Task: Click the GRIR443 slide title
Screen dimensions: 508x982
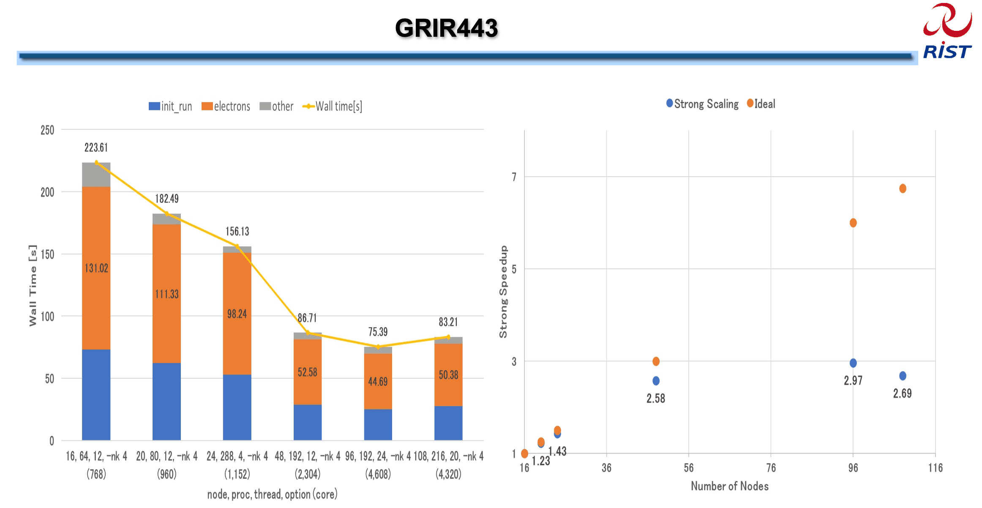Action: click(x=446, y=28)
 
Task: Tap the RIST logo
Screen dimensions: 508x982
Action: click(x=947, y=32)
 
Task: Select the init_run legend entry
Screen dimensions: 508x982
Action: click(x=170, y=106)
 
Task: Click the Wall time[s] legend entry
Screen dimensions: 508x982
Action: click(x=333, y=106)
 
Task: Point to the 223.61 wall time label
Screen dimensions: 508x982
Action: click(x=96, y=147)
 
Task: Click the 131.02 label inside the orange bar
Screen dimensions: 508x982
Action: click(x=96, y=268)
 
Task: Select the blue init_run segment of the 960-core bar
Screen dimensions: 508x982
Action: click(x=166, y=401)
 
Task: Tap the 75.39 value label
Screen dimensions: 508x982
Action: click(x=378, y=332)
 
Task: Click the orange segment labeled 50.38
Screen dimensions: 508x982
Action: click(x=448, y=375)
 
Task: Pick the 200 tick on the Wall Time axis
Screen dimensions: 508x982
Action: click(x=47, y=192)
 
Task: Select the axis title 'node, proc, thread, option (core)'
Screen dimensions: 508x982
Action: click(x=272, y=494)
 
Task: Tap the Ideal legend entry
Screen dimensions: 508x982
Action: click(x=761, y=104)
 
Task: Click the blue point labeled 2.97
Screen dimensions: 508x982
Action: click(x=853, y=363)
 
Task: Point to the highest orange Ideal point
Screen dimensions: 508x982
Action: click(x=903, y=188)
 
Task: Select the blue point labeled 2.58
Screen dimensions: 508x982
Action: click(x=656, y=381)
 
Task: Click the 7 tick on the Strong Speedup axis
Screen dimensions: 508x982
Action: click(x=514, y=177)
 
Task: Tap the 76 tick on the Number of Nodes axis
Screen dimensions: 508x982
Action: click(x=771, y=468)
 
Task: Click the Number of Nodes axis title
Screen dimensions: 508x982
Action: click(x=730, y=486)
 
